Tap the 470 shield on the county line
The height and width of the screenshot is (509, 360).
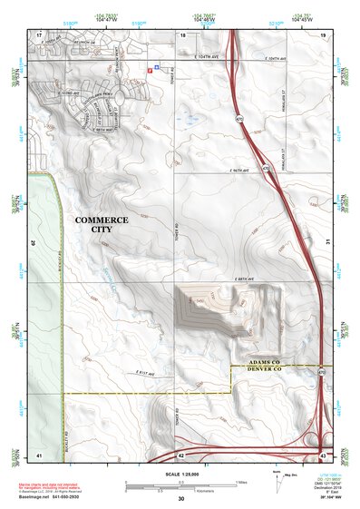pyautogui.click(x=320, y=372)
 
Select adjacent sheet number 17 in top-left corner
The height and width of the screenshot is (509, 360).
pyautogui.click(x=39, y=34)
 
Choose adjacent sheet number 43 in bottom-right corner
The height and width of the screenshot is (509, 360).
pyautogui.click(x=323, y=454)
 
